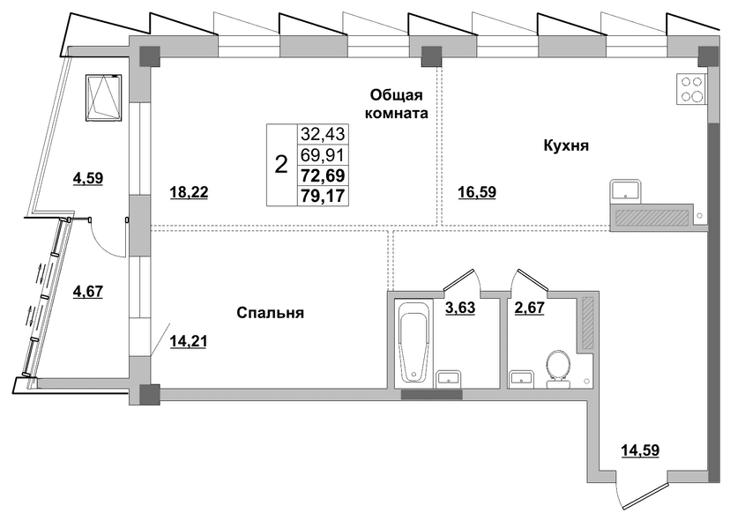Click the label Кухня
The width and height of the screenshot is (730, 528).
coord(566,145)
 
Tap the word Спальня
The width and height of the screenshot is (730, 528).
coord(270,312)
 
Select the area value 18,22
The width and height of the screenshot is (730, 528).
coord(189,192)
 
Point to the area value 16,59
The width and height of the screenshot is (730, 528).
coord(477,192)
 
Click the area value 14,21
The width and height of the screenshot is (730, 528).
coord(188,342)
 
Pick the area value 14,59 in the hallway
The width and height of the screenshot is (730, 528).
coord(640,450)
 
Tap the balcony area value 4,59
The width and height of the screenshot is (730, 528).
coord(88,178)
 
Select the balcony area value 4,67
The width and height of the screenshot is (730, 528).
coord(88,292)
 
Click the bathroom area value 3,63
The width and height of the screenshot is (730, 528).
coord(460,308)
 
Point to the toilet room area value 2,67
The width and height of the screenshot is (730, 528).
coord(529,308)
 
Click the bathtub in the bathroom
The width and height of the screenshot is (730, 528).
coord(413,342)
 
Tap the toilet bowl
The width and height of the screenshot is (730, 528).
coord(558,368)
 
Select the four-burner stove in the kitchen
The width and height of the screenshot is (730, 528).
coord(692,89)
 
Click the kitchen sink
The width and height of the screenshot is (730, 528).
coord(625,190)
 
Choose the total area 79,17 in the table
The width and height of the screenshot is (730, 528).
coord(323,196)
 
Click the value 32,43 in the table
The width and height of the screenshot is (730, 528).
coord(323,134)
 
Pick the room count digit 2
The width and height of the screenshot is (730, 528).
coord(281,164)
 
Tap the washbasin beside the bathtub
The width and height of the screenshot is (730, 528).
coord(449,378)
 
